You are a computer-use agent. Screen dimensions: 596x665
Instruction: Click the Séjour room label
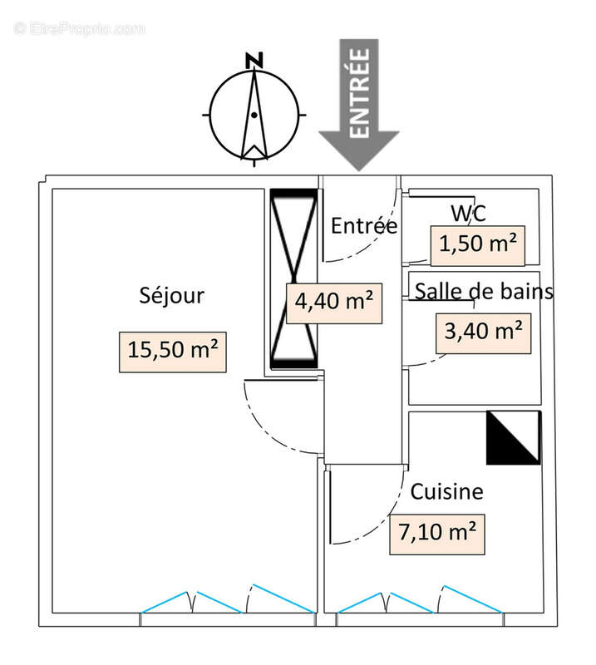click(x=172, y=295)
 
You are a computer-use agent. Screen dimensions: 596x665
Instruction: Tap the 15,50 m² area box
click(x=173, y=352)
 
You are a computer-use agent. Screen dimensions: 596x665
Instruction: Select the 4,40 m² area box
click(x=334, y=303)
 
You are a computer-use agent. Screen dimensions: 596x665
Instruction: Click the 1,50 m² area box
click(x=478, y=245)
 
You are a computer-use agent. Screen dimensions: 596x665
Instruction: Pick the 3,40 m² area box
click(x=483, y=333)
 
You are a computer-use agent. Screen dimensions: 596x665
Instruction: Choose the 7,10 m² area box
click(x=437, y=534)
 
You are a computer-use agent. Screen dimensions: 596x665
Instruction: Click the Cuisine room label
click(x=446, y=492)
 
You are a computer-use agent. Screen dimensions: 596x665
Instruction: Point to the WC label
click(x=468, y=214)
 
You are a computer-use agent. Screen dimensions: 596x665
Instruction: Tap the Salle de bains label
click(x=484, y=292)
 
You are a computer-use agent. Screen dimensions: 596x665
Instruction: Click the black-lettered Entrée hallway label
click(x=364, y=225)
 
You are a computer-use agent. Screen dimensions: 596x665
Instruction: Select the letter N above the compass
click(x=254, y=61)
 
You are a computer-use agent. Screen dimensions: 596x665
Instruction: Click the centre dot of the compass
click(x=254, y=115)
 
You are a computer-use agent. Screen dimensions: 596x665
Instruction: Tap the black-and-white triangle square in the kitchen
click(x=514, y=438)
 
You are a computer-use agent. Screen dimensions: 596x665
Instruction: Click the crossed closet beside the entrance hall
click(x=294, y=278)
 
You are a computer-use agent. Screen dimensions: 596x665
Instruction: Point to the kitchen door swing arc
click(x=382, y=521)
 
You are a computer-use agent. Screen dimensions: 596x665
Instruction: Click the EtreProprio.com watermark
click(x=80, y=29)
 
